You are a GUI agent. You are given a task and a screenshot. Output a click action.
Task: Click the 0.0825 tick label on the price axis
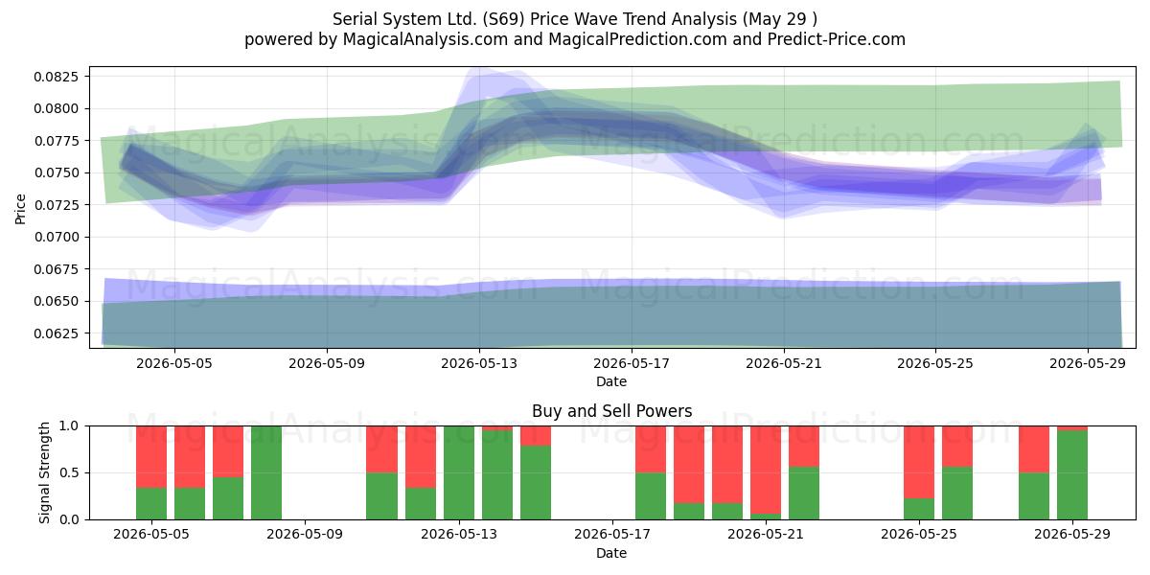coord(56,77)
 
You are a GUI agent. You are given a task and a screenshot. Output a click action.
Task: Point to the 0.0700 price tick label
coord(56,238)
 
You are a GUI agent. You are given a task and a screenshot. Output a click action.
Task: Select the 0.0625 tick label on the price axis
coord(56,333)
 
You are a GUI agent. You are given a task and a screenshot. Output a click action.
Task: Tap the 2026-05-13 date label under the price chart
coord(479,363)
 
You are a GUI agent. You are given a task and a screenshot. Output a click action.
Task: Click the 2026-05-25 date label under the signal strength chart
coord(918,534)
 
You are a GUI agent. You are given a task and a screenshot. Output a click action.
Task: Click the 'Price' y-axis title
coord(20,209)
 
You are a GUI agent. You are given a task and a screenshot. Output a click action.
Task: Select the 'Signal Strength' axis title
coord(44,472)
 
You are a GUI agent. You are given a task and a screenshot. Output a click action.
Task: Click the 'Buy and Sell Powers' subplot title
coord(612,411)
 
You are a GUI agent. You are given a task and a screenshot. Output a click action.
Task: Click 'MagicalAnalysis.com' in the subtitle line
coord(425,39)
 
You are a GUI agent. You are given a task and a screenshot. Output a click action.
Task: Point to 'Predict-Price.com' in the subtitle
coord(837,39)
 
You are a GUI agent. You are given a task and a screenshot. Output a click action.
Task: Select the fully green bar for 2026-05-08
coord(266,472)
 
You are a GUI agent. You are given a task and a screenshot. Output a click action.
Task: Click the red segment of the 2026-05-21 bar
coord(766,470)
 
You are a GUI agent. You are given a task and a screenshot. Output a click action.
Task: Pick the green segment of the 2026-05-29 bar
coord(1072,475)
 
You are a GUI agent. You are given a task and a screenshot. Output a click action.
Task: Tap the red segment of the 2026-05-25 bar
coord(919,462)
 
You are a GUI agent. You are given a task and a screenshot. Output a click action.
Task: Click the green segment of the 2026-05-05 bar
coord(151,503)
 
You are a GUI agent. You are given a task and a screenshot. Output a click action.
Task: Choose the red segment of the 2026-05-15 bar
coord(536,436)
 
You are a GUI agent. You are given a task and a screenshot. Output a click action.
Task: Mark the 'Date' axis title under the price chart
coord(611,381)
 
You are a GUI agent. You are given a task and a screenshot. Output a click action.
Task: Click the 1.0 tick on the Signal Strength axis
coord(69,426)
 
